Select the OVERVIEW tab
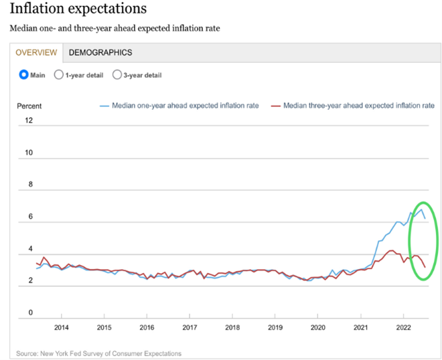pyautogui.click(x=36, y=52)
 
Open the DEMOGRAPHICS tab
pyautogui.click(x=100, y=52)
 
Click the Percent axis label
pyautogui.click(x=29, y=106)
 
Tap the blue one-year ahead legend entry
pyautogui.click(x=179, y=106)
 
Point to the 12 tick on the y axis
pyautogui.click(x=29, y=120)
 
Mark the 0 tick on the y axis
pyautogui.click(x=31, y=312)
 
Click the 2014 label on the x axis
pyautogui.click(x=61, y=327)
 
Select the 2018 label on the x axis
pyautogui.click(x=232, y=327)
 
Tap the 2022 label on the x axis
pyautogui.click(x=403, y=327)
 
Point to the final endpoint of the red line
pyautogui.click(x=425, y=267)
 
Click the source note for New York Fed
pyautogui.click(x=99, y=353)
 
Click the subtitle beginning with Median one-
pyautogui.click(x=115, y=29)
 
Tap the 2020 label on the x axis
pyautogui.click(x=318, y=327)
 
